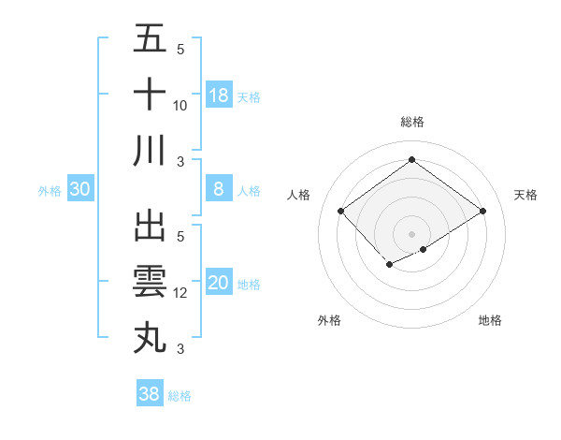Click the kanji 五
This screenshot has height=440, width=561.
(150, 39)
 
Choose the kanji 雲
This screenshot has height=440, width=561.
(150, 282)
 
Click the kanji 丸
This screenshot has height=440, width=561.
(150, 337)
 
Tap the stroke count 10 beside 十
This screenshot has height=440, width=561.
(180, 106)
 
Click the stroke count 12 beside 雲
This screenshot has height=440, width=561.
(180, 293)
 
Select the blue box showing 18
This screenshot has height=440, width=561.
(219, 95)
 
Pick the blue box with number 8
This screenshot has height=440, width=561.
(219, 189)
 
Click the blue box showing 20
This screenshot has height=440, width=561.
(219, 283)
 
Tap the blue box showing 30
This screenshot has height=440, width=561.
(79, 189)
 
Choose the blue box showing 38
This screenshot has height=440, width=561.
(150, 394)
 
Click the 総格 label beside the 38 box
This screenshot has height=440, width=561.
(180, 396)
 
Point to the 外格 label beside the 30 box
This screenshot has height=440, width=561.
(50, 191)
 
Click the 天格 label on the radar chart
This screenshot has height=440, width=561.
(525, 195)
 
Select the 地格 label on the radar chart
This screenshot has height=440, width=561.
(490, 320)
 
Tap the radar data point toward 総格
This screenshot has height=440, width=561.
(411, 160)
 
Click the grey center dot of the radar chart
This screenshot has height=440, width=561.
(411, 233)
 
